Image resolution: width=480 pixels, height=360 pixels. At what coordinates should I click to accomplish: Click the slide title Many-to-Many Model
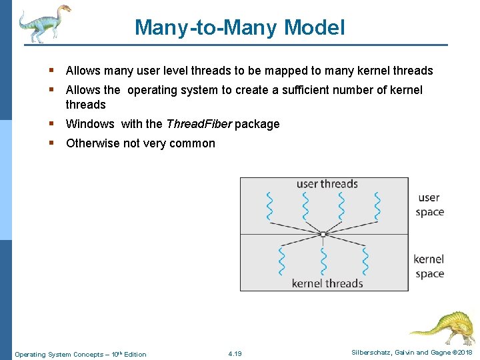tap(240, 28)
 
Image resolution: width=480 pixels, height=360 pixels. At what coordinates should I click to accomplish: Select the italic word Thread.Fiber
tap(199, 124)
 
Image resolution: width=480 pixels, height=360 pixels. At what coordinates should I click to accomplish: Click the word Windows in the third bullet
tap(90, 124)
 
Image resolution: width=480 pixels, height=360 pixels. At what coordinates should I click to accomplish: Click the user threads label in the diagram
tap(327, 184)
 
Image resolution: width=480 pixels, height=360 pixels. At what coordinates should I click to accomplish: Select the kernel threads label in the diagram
tap(327, 283)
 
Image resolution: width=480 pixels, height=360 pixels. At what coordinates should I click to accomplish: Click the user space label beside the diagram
tap(429, 205)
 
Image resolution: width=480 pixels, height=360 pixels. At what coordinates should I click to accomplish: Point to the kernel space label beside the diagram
tap(429, 266)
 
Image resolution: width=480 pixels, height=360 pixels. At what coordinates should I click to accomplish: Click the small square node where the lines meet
tap(323, 234)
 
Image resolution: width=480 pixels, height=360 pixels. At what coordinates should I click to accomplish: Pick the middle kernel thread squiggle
tap(323, 261)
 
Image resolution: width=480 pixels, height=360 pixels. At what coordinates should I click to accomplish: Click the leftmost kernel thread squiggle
tap(281, 261)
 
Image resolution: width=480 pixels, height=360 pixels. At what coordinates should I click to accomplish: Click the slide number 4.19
tap(235, 354)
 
